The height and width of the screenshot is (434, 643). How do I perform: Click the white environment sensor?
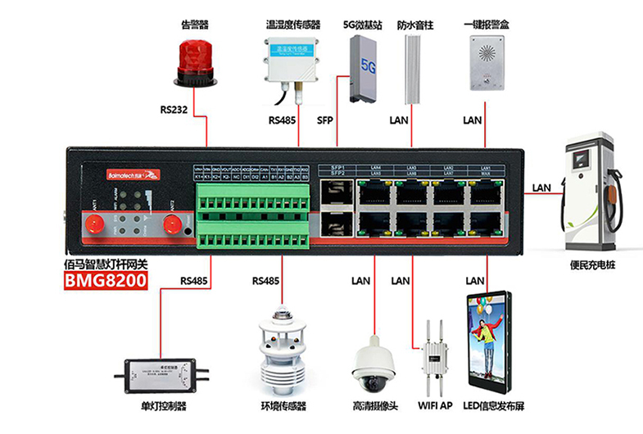[x=281, y=344]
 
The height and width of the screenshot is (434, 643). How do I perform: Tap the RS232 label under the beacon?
[x=177, y=109]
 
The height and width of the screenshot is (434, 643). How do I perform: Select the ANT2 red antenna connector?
[x=171, y=224]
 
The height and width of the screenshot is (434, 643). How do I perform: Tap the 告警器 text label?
[x=194, y=25]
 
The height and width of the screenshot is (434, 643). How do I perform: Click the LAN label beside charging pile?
[x=541, y=187]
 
